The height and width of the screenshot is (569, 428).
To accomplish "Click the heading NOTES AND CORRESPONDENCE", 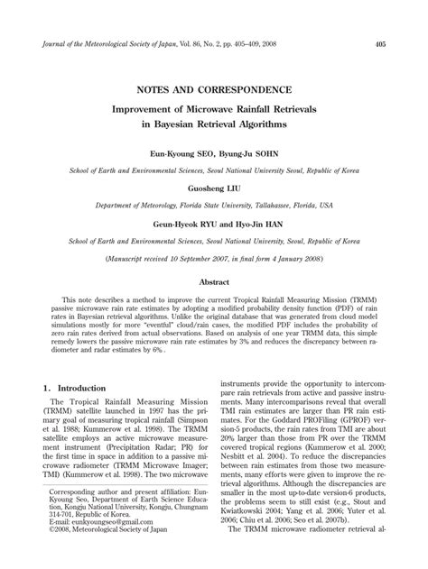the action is tap(213, 90).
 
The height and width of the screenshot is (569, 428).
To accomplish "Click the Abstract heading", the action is tap(213, 281).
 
